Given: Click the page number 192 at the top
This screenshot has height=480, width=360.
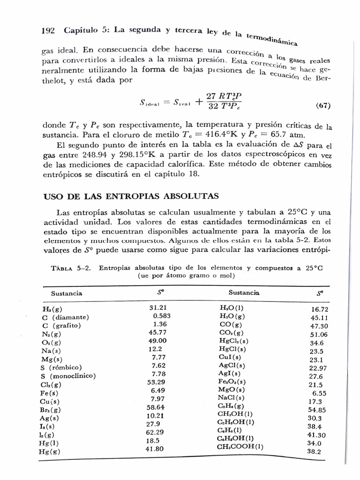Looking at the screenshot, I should (48, 31).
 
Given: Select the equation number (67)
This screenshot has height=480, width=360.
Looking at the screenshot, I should (321, 106).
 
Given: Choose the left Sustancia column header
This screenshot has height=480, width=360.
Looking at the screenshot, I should (66, 293).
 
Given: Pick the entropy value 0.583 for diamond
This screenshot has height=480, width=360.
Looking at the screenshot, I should (162, 316).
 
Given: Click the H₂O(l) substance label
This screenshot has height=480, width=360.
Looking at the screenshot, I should (232, 308).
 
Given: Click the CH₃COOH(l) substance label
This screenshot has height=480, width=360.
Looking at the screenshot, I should (240, 446).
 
